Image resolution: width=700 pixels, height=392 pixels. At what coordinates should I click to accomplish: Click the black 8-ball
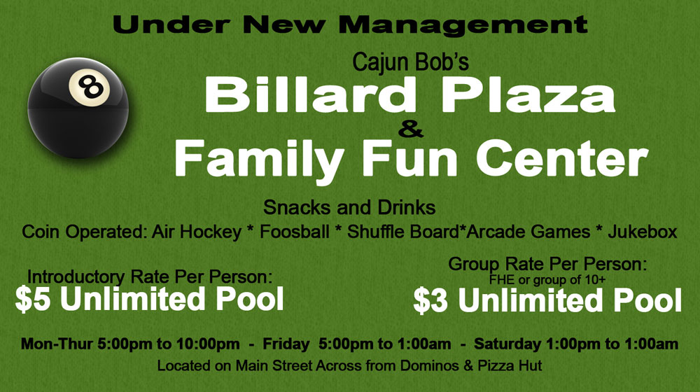[x=78, y=108]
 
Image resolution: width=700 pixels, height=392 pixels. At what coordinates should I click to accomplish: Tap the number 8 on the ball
[x=91, y=87]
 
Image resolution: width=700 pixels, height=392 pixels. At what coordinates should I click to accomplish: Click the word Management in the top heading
[x=463, y=25]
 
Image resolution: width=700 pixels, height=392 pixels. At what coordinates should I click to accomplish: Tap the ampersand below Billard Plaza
[x=411, y=130]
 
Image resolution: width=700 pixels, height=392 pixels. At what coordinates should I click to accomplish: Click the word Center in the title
[x=561, y=158]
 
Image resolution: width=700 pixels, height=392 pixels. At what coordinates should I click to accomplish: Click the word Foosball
[x=295, y=232]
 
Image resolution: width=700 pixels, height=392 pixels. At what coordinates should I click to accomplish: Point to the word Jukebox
[x=643, y=232]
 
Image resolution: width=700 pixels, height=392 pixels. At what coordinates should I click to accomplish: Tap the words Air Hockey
[x=197, y=232]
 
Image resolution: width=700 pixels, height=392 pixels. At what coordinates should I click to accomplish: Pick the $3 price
[x=430, y=301]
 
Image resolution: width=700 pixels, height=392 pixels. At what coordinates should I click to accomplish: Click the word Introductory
[x=76, y=277]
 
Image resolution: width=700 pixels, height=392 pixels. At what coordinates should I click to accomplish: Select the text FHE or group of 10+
[x=547, y=281]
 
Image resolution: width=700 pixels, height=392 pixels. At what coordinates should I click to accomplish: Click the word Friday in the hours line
[x=286, y=344]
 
